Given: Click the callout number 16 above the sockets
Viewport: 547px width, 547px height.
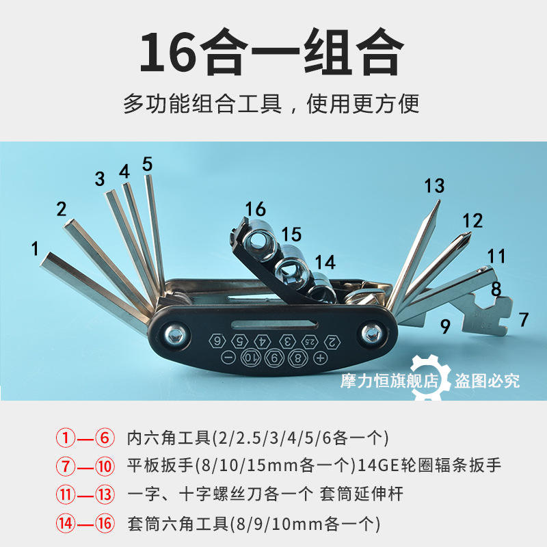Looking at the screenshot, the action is (255, 209).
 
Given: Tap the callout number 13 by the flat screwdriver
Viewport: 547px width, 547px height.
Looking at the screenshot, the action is (434, 185).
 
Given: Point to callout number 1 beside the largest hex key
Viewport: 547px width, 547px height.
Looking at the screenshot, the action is (35, 249).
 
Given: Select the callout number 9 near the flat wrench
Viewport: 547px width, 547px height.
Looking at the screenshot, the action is (445, 327).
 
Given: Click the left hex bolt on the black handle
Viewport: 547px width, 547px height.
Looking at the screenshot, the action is (174, 335).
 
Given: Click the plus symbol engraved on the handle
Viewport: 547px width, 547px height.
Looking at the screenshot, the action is (320, 358).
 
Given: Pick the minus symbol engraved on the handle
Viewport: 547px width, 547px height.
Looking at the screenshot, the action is (228, 357).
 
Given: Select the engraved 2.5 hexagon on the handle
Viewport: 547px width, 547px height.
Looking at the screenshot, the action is (310, 342).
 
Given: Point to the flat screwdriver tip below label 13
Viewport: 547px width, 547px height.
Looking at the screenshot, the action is (438, 202).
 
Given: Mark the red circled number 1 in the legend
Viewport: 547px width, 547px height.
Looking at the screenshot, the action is (66, 438).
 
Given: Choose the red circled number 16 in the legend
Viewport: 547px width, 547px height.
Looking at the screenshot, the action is (105, 523).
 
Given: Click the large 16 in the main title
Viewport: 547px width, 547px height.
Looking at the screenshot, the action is (168, 52).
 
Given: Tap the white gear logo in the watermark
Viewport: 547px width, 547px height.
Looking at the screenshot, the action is (429, 377).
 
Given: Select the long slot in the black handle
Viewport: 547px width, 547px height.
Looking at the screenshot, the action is (274, 324).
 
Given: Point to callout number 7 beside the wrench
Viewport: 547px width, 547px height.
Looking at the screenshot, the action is (524, 319).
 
